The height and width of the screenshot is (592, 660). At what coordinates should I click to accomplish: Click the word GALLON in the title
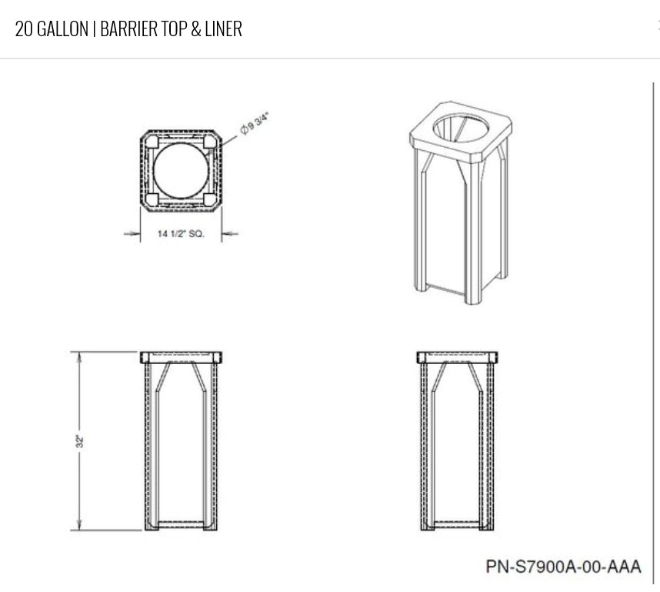[x=63, y=29]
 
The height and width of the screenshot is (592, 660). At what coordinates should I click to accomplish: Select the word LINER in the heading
[x=224, y=29]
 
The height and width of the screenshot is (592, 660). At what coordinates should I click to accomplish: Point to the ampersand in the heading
[x=195, y=29]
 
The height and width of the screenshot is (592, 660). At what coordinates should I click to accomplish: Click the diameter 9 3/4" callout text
[x=255, y=123]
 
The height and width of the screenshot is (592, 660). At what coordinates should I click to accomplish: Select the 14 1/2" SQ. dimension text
[x=181, y=233]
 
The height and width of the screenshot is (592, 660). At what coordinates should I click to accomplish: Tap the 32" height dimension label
[x=80, y=441]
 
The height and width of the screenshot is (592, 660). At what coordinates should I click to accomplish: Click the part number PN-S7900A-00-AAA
[x=564, y=567]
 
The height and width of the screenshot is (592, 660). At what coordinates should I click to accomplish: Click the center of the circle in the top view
[x=181, y=170]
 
